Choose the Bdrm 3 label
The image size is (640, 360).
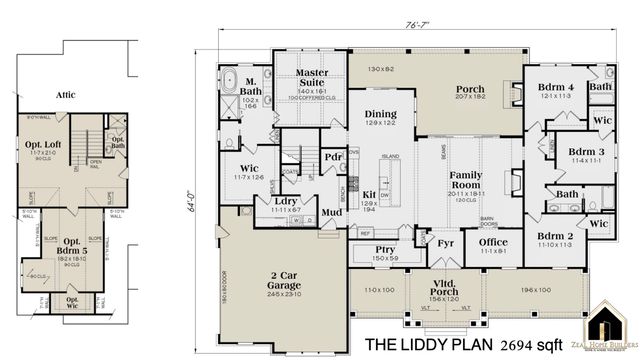[x=558, y=150]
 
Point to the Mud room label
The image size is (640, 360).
[x=331, y=212]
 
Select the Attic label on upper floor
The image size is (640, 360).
[x=66, y=94]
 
